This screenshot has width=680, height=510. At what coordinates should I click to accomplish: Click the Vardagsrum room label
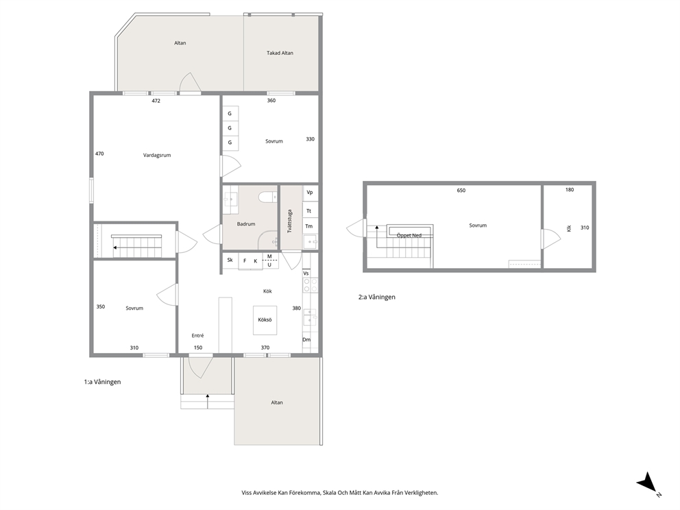coord(157,155)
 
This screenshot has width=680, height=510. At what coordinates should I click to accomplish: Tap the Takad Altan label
coord(280,53)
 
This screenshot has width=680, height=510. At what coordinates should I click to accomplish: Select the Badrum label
coord(246,224)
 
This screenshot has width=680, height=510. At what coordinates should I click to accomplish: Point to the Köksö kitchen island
coord(265,320)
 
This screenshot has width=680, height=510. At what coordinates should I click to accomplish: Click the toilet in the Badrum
coord(267,197)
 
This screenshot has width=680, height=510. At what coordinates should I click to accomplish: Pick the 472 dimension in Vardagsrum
coord(156,101)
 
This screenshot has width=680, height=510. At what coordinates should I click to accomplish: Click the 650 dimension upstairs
coord(461,191)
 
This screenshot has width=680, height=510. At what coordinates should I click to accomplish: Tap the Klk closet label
coord(569,228)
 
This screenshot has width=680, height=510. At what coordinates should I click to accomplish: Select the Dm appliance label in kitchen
coord(306,339)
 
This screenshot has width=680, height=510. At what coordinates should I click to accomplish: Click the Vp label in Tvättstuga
coord(310,193)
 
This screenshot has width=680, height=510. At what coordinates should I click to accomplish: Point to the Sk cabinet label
coord(230,260)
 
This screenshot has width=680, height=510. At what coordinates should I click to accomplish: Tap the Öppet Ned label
coord(409,236)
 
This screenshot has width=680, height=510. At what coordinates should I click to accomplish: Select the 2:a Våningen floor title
coord(377,297)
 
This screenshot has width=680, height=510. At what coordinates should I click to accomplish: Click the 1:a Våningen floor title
coord(102,382)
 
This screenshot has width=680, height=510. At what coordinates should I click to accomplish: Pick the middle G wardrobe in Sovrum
coord(230,128)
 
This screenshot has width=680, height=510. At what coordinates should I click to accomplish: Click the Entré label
coord(197,336)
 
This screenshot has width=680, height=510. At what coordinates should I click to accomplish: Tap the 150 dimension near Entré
coord(197,348)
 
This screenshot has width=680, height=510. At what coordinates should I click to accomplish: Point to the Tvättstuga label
coord(290,221)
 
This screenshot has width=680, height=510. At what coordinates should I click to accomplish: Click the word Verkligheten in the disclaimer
coord(422,493)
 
